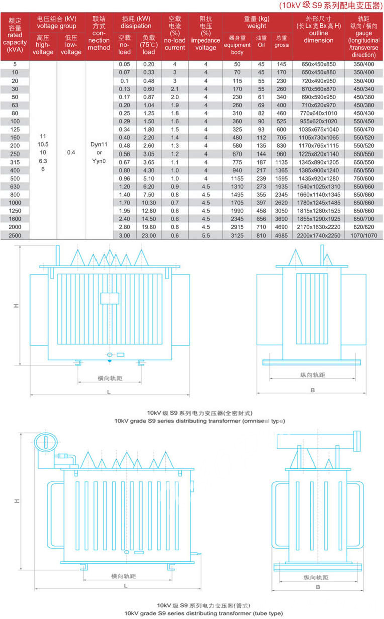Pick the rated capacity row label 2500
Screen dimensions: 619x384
(x=15, y=235)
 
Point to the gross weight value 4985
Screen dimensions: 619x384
(x=281, y=235)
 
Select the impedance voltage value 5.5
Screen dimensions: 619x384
(x=205, y=235)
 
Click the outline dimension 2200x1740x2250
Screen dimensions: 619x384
(x=318, y=235)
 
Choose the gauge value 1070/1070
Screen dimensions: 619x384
(x=363, y=235)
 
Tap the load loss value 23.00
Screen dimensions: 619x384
(x=148, y=235)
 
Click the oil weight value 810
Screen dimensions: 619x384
(x=261, y=235)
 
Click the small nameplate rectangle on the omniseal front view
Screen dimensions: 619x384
(x=109, y=298)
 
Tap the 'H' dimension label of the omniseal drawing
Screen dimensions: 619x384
(x=16, y=305)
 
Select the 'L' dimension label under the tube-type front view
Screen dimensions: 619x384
(x=125, y=586)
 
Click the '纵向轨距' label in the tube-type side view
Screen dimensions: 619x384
(x=316, y=578)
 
